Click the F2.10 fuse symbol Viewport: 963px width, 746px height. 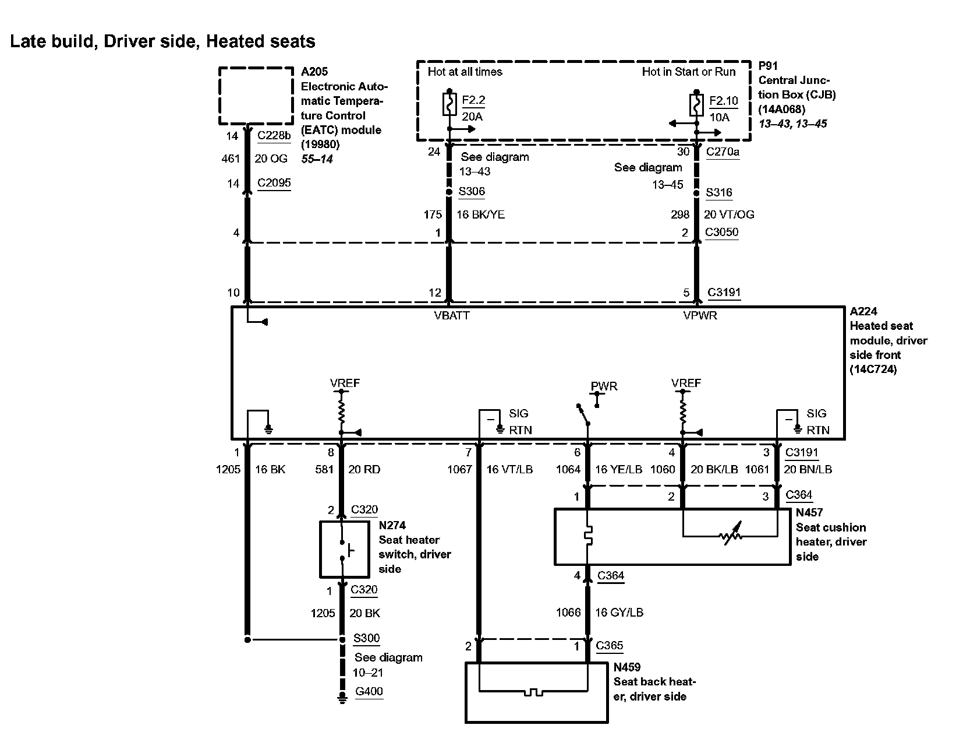click(x=696, y=105)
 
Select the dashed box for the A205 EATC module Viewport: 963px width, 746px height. click(x=256, y=96)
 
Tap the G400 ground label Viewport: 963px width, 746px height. click(x=369, y=692)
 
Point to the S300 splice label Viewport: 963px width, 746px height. click(x=366, y=638)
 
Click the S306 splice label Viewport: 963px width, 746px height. click(x=471, y=192)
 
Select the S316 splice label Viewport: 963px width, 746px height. click(x=718, y=193)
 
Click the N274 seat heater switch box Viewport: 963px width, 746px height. click(x=344, y=550)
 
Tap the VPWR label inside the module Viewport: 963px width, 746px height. click(x=700, y=316)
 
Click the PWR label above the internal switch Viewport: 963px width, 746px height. click(x=604, y=386)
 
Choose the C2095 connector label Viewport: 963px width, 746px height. click(x=274, y=183)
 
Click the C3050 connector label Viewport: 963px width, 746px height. click(x=721, y=232)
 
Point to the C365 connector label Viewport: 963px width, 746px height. click(x=609, y=646)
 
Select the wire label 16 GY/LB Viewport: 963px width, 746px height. click(x=619, y=613)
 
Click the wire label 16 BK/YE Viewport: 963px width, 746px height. click(x=480, y=214)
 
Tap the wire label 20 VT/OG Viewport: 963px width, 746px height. click(x=729, y=214)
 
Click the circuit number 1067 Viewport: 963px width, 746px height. click(x=459, y=469)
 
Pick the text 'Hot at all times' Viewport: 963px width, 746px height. click(x=465, y=72)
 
